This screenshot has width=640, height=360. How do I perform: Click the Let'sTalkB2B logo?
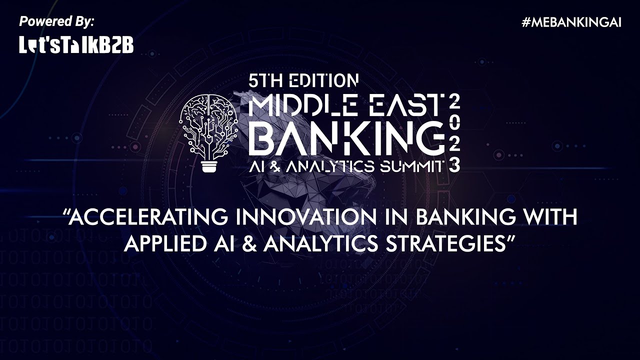click(x=76, y=45)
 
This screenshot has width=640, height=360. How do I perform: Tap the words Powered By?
click(x=56, y=21)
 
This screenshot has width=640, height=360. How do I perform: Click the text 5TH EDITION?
click(x=303, y=80)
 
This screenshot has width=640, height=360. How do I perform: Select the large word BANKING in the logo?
click(x=346, y=138)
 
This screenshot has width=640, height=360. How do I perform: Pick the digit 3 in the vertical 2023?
click(x=454, y=166)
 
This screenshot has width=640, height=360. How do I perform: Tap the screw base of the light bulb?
click(x=209, y=166)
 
